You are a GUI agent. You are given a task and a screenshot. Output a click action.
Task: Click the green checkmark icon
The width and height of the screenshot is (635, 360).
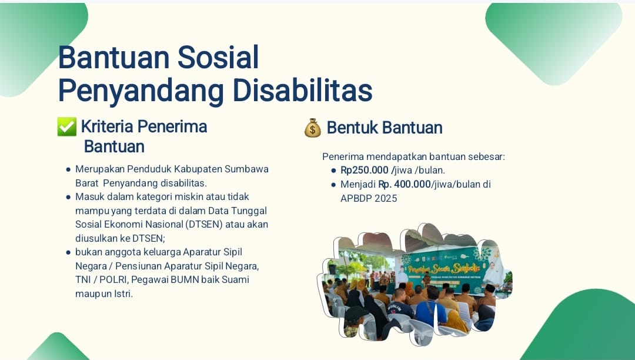click(x=67, y=126)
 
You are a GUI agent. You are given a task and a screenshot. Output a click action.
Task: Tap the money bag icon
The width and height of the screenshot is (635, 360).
click(x=313, y=128)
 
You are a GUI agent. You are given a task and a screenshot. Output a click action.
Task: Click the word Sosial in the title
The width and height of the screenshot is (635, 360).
click(x=218, y=57)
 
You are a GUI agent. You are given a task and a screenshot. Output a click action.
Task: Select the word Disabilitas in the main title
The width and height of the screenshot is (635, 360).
click(x=303, y=90)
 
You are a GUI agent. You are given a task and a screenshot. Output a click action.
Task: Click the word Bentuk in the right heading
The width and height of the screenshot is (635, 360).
click(x=352, y=128)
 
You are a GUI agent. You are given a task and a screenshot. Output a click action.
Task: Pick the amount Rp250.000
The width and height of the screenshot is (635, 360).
click(x=365, y=170)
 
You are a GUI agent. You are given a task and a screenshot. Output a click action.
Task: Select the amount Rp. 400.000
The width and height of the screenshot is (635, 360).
click(x=404, y=184)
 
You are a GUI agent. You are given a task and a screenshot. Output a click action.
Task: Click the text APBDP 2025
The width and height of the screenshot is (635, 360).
click(x=369, y=198)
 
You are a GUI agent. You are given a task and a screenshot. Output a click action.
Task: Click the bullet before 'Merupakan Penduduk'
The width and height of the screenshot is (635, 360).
click(x=68, y=169)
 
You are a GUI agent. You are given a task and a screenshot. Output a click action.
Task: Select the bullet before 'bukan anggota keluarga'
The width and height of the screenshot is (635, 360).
click(x=68, y=252)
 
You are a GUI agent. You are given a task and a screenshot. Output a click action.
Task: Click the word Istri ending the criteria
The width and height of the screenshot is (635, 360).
click(x=123, y=294)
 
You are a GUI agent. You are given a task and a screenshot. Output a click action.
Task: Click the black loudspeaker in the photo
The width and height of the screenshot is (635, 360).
click(x=332, y=269)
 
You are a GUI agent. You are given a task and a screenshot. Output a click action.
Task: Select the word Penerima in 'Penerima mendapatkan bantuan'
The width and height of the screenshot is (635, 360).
click(x=343, y=156)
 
